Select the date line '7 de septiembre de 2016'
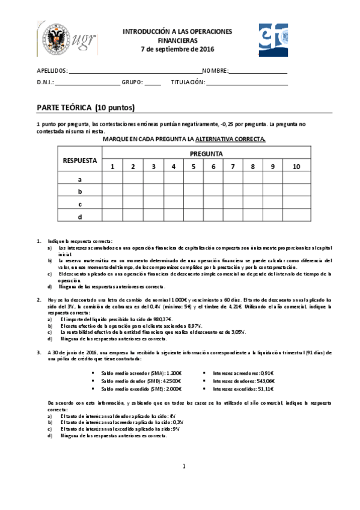point(177,49)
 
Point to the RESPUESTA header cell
point(80,160)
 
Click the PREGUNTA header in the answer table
point(206,153)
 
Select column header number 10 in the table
point(296,166)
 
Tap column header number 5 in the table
point(193,166)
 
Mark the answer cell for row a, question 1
point(112,179)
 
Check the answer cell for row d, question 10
point(296,216)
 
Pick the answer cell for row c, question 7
point(233,203)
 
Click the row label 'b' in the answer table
point(80,191)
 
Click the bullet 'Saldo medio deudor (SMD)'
point(142,381)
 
